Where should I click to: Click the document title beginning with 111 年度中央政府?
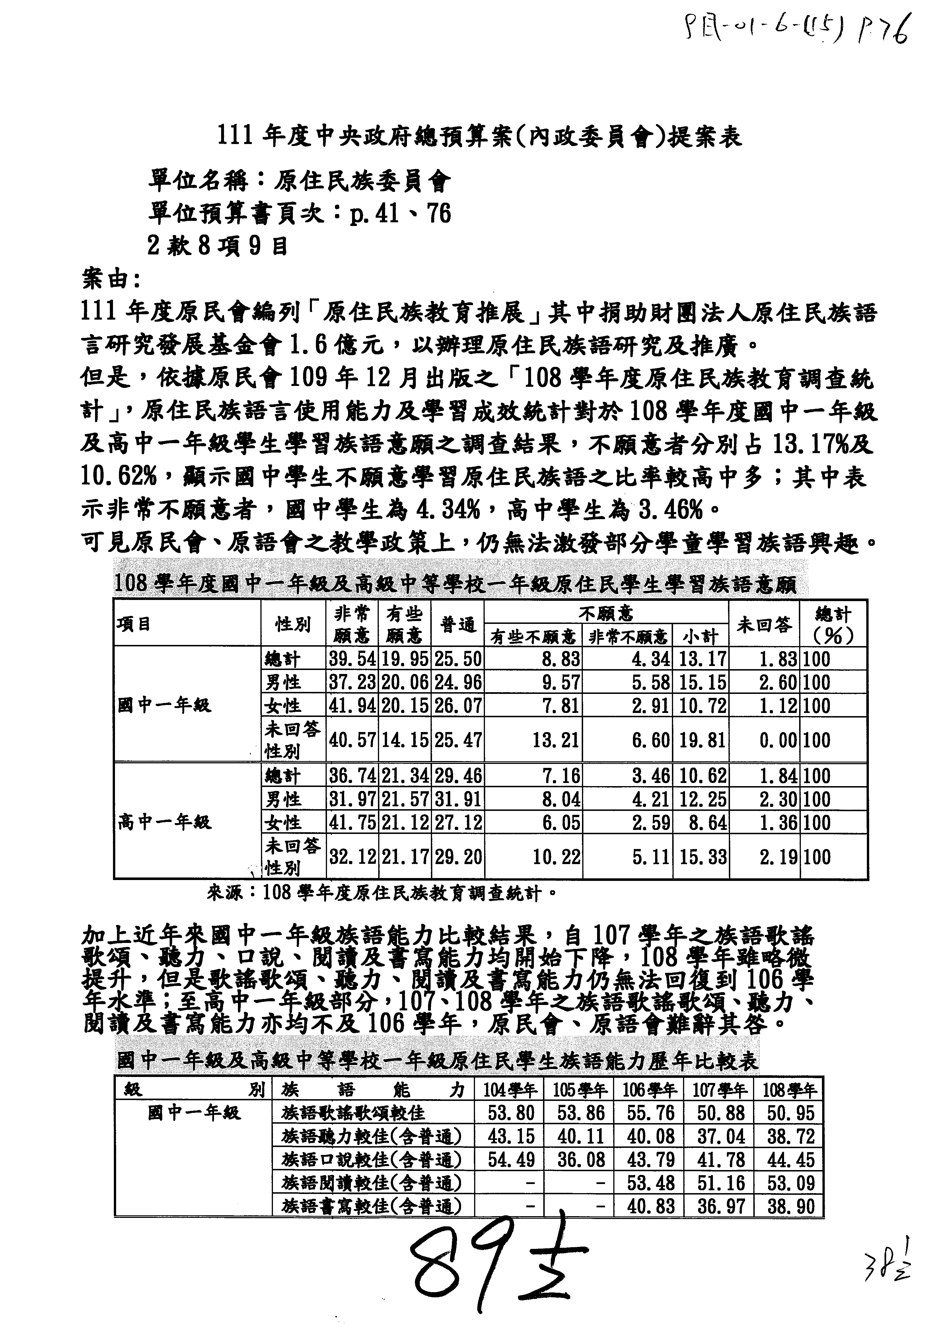[479, 137]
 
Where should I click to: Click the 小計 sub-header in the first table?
[701, 636]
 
